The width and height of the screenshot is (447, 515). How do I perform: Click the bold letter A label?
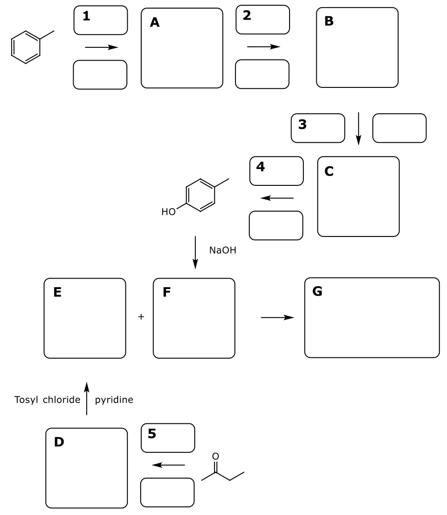(155, 22)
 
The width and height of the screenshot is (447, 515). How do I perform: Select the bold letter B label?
(329, 21)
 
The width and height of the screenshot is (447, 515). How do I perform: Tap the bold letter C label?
(329, 171)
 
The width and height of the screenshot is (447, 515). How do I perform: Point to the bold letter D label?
(59, 442)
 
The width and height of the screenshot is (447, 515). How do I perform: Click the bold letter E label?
(57, 292)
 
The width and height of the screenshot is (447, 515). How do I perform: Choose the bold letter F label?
(167, 292)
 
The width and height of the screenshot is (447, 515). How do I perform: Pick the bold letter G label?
(317, 291)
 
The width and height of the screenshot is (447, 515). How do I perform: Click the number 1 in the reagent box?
(86, 16)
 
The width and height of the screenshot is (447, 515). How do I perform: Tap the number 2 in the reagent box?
(247, 15)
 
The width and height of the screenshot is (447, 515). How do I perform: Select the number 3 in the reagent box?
(302, 124)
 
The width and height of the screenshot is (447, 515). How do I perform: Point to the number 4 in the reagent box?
(261, 167)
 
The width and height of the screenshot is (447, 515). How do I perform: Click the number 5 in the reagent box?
(152, 434)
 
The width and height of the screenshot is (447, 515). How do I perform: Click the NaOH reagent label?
(223, 250)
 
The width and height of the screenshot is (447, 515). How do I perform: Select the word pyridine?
(114, 400)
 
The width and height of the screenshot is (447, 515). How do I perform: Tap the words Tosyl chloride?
(47, 400)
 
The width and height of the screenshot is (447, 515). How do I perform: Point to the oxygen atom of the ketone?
(215, 456)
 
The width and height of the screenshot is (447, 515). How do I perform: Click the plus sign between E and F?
(141, 316)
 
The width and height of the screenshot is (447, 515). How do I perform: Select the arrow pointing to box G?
(277, 317)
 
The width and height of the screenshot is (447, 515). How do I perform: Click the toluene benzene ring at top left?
(25, 47)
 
